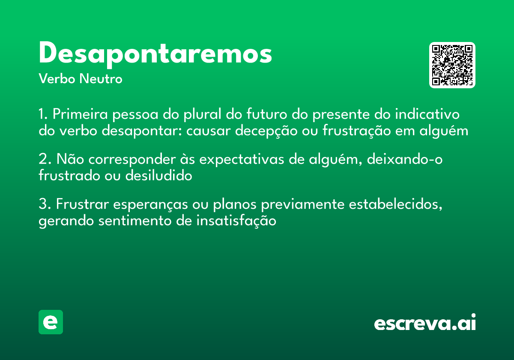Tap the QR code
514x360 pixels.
[452, 65]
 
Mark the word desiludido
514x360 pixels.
[158, 176]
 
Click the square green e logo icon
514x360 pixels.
[51, 322]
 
